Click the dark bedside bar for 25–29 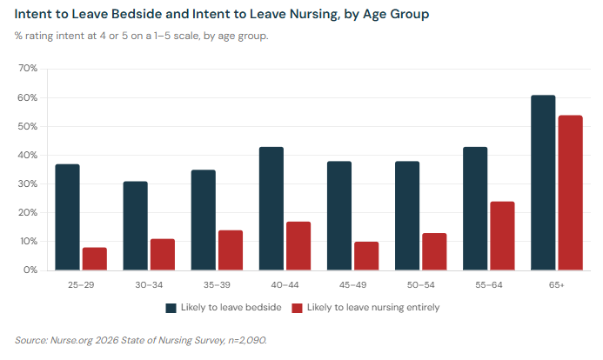[x=67, y=217]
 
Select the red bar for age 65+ [x=570, y=193]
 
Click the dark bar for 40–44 [x=271, y=209]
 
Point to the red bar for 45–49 [x=366, y=256]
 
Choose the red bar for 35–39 [x=231, y=250]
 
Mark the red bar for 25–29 [x=95, y=259]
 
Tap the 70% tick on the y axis [x=27, y=69]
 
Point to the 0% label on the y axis [x=30, y=270]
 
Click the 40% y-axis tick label [x=27, y=156]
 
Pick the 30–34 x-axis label [x=149, y=284]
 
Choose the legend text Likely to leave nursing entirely [x=373, y=308]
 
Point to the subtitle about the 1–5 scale [x=141, y=36]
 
